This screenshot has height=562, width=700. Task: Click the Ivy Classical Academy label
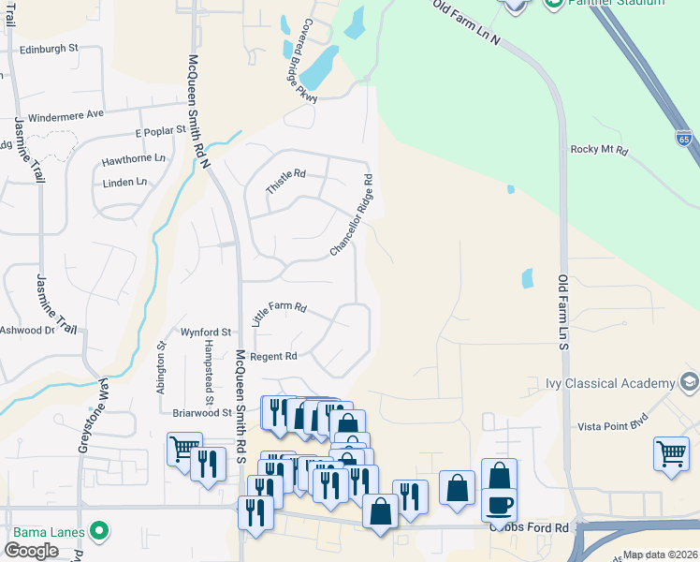coord(610,383)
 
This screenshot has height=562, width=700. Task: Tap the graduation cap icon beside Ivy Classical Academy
coord(690,382)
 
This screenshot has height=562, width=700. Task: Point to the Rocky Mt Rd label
coord(599,150)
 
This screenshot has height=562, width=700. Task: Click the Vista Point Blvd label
coord(614,425)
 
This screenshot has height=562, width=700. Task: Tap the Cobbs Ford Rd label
coord(529,528)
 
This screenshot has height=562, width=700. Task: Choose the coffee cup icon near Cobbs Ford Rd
coord(499,503)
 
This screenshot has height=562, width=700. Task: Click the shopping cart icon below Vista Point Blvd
coord(672,454)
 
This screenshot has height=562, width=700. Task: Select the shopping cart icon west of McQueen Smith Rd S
coord(184,448)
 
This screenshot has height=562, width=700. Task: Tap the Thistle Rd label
coord(285,181)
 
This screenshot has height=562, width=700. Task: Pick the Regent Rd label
coord(272,357)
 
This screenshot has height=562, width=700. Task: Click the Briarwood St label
coord(201,412)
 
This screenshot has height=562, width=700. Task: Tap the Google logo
coord(31,550)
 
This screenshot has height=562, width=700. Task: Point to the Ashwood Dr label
coord(27,330)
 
